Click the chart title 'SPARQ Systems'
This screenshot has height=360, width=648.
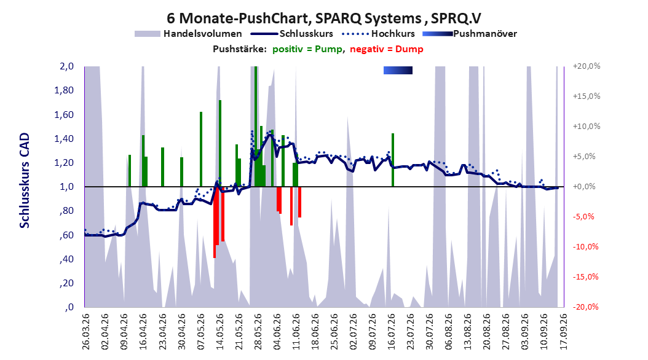368,18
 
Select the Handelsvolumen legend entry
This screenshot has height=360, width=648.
189,34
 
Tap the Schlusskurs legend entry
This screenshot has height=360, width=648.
292,34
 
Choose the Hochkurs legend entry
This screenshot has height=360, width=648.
379,34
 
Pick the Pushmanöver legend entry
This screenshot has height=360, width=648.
470,34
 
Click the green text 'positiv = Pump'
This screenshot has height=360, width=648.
307,49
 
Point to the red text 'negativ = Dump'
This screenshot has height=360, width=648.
387,49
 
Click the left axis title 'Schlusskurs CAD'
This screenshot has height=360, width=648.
25,181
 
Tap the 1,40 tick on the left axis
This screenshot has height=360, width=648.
64,139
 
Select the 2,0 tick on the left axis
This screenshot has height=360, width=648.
66,66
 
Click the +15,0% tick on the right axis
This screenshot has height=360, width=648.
587,96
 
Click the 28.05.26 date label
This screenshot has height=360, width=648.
258,332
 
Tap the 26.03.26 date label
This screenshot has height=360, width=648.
86,332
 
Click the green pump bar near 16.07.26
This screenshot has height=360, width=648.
393,160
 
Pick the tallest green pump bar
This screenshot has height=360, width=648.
256,127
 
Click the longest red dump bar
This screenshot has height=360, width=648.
215,222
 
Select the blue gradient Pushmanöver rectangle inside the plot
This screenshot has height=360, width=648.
398,71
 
